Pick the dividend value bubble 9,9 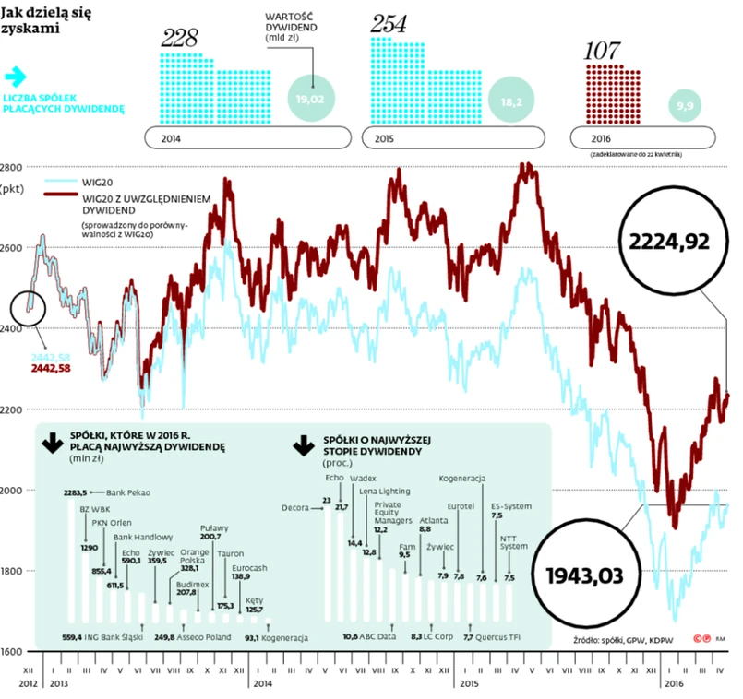click(x=687, y=107)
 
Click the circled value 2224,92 click(x=669, y=242)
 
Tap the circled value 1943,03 click(x=585, y=576)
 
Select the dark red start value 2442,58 click(x=52, y=368)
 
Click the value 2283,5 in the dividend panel click(x=75, y=492)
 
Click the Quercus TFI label click(x=506, y=637)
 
